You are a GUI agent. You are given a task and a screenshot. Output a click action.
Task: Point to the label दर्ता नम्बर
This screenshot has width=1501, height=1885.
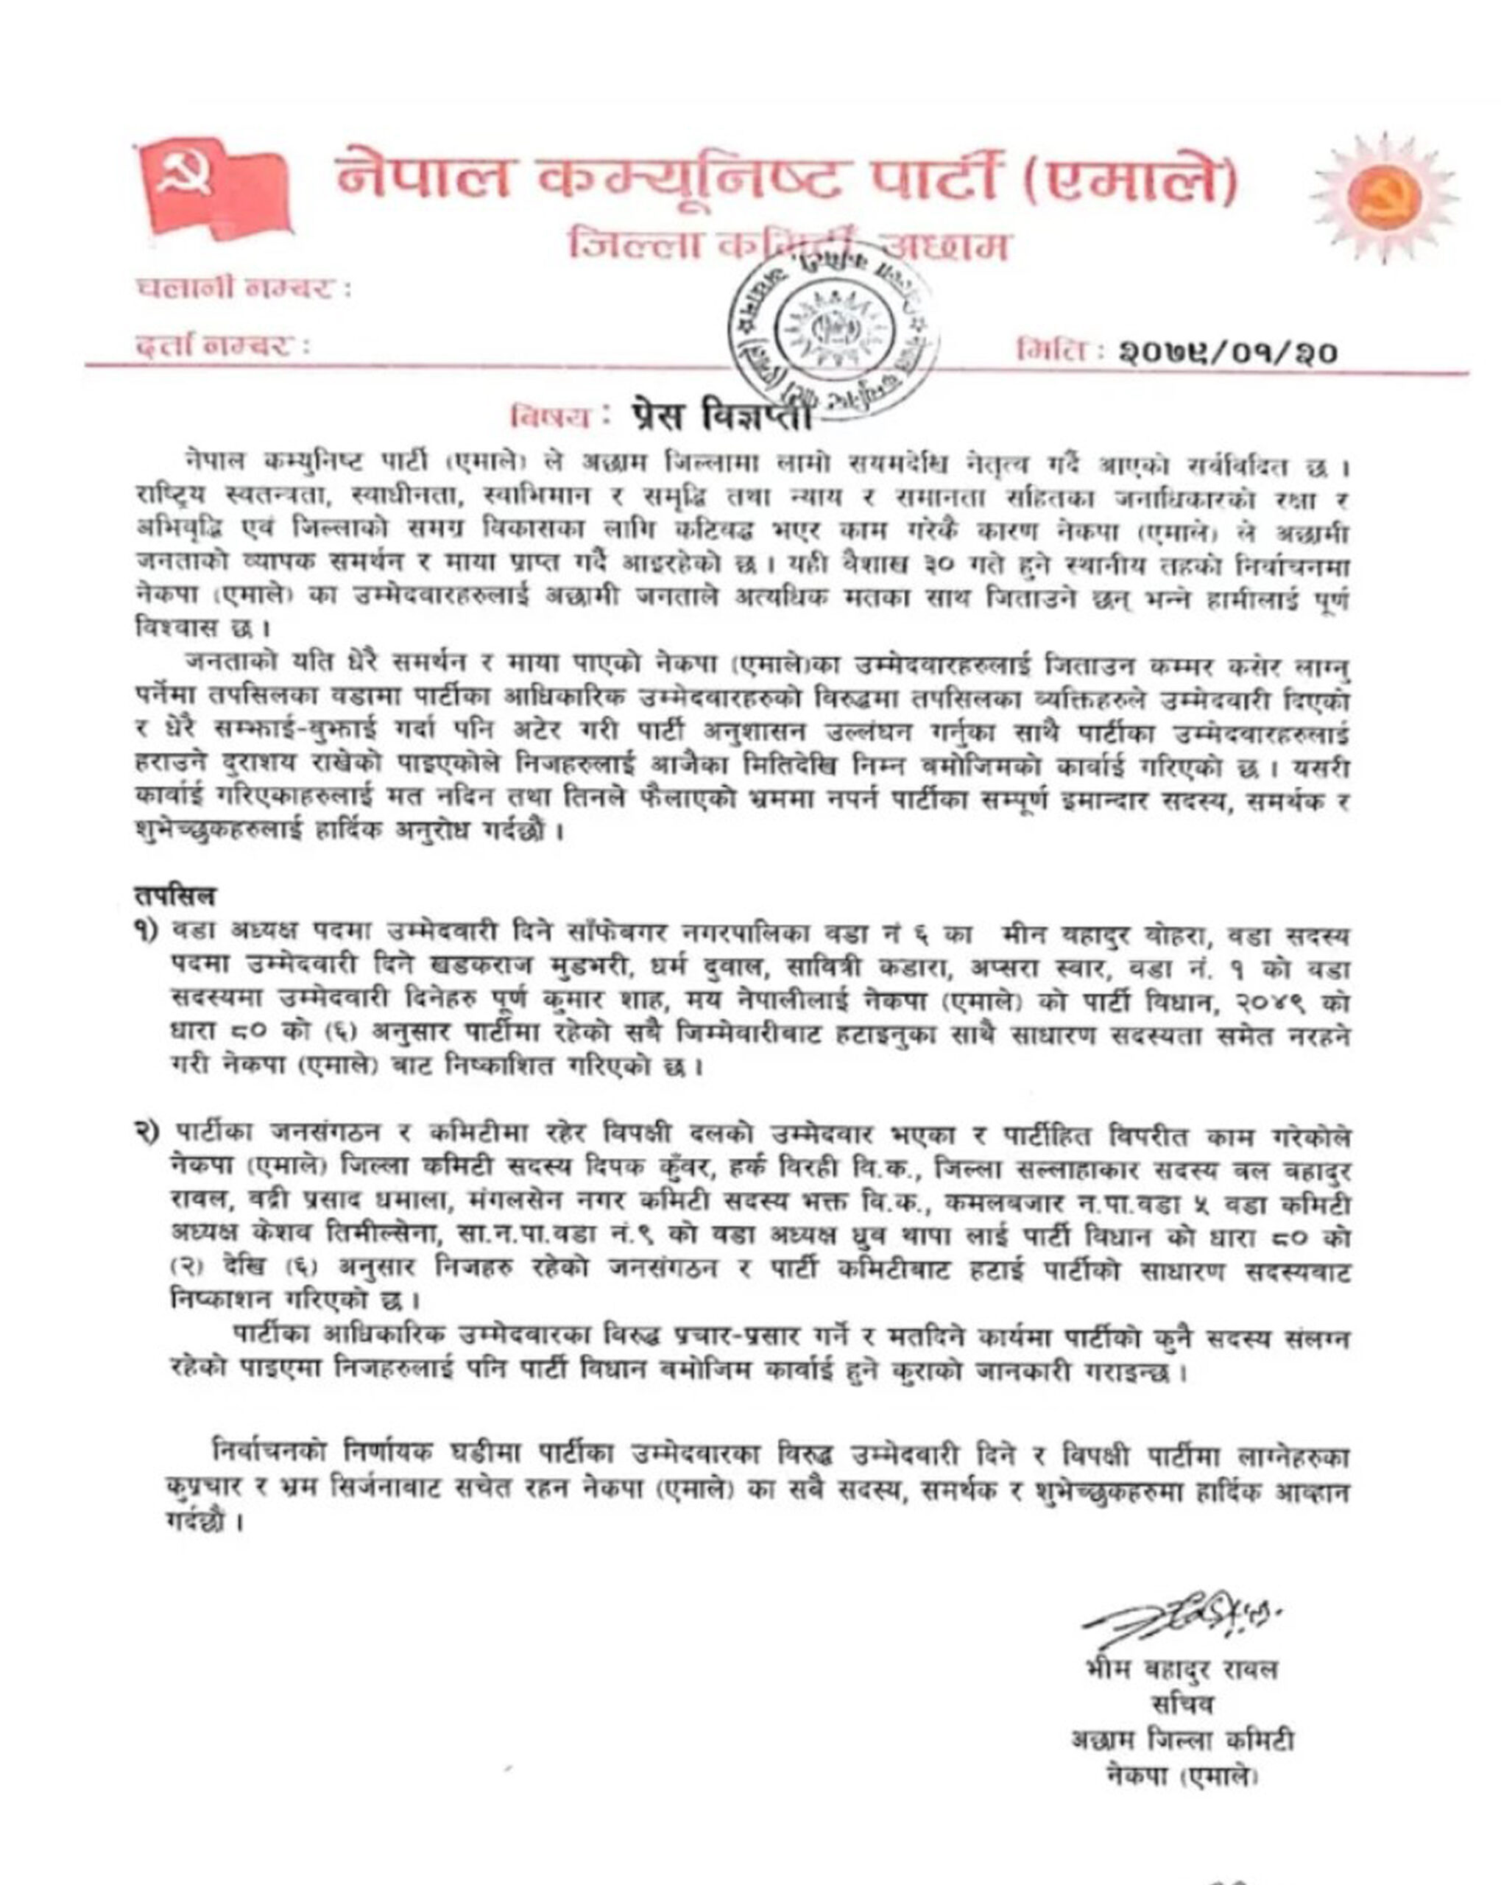coord(222,346)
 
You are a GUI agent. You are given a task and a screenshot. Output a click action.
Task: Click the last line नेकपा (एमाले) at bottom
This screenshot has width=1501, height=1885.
coord(1182,1777)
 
